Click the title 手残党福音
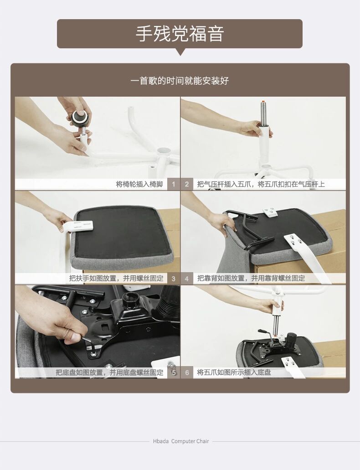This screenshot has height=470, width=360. click(180, 34)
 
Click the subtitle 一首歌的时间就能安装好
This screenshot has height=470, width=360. click(180, 81)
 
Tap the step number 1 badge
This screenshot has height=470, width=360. click(173, 184)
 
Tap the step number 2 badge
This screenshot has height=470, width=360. click(187, 184)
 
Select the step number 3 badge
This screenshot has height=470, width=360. click(173, 279)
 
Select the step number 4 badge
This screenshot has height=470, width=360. click(187, 279)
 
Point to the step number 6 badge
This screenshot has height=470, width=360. click(187, 372)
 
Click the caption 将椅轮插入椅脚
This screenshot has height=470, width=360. click(139, 184)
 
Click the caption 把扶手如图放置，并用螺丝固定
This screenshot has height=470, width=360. click(116, 278)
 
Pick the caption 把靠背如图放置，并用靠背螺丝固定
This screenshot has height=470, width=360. click(251, 278)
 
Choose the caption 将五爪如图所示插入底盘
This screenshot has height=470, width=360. click(234, 372)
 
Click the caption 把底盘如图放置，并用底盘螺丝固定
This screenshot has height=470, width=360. click(109, 372)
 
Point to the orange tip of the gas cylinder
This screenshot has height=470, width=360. click(262, 102)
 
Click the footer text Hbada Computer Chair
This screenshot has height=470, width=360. click(181, 441)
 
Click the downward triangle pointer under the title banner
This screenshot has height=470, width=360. click(180, 52)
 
